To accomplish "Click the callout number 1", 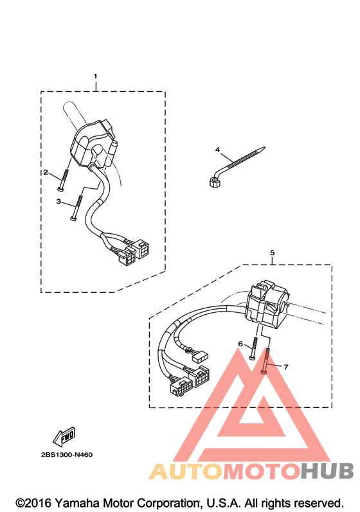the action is click(95, 76).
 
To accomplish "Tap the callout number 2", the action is click(46, 172).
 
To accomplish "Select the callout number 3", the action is click(59, 202).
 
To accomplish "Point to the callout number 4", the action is click(217, 150).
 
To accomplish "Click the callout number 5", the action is click(273, 252).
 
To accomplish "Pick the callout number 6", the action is click(240, 344).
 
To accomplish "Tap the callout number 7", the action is click(286, 367).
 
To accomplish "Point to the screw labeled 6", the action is click(254, 349).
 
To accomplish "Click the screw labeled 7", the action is click(266, 361).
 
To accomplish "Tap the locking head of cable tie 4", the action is click(213, 182).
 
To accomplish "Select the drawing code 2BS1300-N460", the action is click(67, 455).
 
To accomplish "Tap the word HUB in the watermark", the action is click(327, 471).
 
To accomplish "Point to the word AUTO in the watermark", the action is click(186, 471).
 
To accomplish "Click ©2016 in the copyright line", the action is click(33, 503).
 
